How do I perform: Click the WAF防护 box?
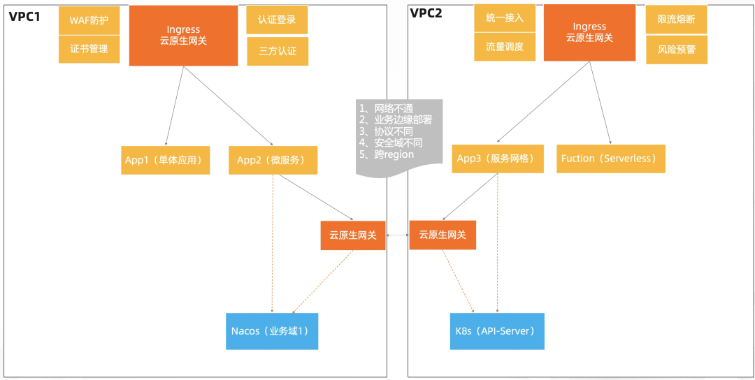click(89, 21)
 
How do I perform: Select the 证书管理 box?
click(89, 49)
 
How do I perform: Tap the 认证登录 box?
click(277, 20)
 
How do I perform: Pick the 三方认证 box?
click(278, 51)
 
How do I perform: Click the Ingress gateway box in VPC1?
click(183, 36)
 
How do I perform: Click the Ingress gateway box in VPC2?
click(590, 33)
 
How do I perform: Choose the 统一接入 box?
click(505, 18)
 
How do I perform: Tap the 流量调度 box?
click(505, 47)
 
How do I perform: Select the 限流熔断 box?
click(677, 20)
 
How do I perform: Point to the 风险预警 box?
click(677, 49)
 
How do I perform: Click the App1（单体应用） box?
click(166, 160)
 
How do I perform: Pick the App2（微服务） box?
click(273, 160)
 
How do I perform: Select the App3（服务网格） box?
click(498, 159)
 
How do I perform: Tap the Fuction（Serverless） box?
click(611, 159)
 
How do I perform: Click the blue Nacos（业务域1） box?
click(272, 331)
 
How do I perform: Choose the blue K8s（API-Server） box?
click(498, 331)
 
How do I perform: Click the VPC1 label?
click(24, 16)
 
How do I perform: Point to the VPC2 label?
click(426, 13)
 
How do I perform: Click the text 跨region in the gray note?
click(394, 154)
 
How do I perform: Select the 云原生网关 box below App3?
click(443, 235)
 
